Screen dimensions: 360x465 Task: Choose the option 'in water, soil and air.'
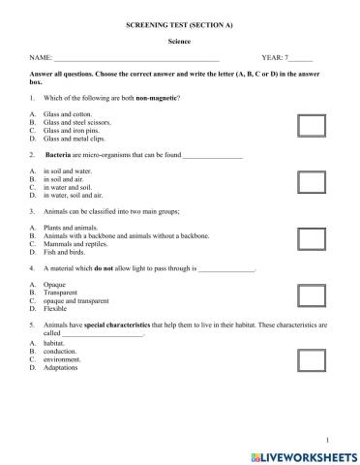pos(73,196)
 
